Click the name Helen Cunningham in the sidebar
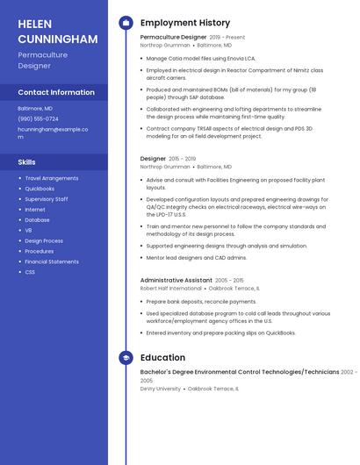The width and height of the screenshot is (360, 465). pyautogui.click(x=57, y=32)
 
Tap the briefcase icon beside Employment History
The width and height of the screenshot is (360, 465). pyautogui.click(x=126, y=23)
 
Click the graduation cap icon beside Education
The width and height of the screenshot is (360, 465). pyautogui.click(x=126, y=358)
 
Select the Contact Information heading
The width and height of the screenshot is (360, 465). pyautogui.click(x=56, y=92)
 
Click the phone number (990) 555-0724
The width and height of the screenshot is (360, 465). pyautogui.click(x=38, y=118)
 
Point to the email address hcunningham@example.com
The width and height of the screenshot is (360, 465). pyautogui.click(x=53, y=132)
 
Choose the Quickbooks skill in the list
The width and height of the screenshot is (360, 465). pyautogui.click(x=40, y=189)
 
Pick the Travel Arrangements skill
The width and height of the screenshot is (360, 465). pyautogui.click(x=51, y=178)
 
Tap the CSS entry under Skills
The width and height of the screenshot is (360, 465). pyautogui.click(x=30, y=272)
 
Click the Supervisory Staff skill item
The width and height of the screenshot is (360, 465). pyautogui.click(x=47, y=199)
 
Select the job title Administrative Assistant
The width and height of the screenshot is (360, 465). pyautogui.click(x=176, y=280)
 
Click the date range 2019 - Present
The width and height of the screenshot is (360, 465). pyautogui.click(x=227, y=38)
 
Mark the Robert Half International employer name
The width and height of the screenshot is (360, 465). pyautogui.click(x=171, y=288)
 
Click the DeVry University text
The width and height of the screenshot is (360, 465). pyautogui.click(x=161, y=388)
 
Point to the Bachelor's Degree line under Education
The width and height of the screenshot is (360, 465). pyautogui.click(x=240, y=372)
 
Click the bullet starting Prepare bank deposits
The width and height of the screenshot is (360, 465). pyautogui.click(x=201, y=302)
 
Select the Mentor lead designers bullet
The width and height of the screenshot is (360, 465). pyautogui.click(x=196, y=258)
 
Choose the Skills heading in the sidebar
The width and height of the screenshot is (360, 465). pyautogui.click(x=27, y=162)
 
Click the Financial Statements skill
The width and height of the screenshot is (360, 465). pyautogui.click(x=52, y=261)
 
